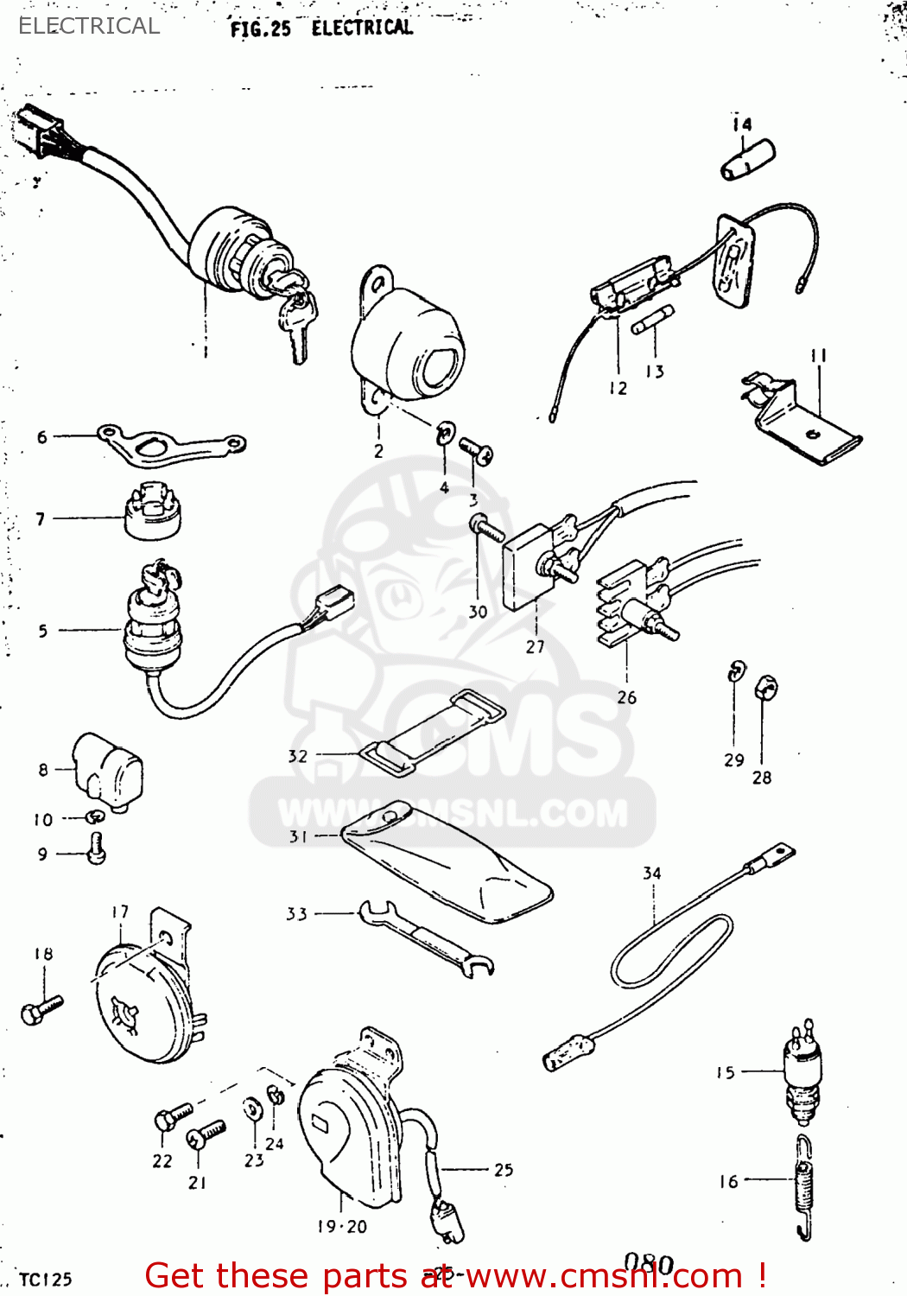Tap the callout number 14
(x=742, y=124)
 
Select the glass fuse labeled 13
(x=653, y=321)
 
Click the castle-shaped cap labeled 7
(x=153, y=512)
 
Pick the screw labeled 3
(x=476, y=450)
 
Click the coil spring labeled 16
(x=803, y=1189)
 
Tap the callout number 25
(x=504, y=1170)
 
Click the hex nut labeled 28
(x=765, y=688)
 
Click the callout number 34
(x=652, y=874)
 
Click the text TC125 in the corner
(x=46, y=1280)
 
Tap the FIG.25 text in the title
(x=260, y=29)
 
